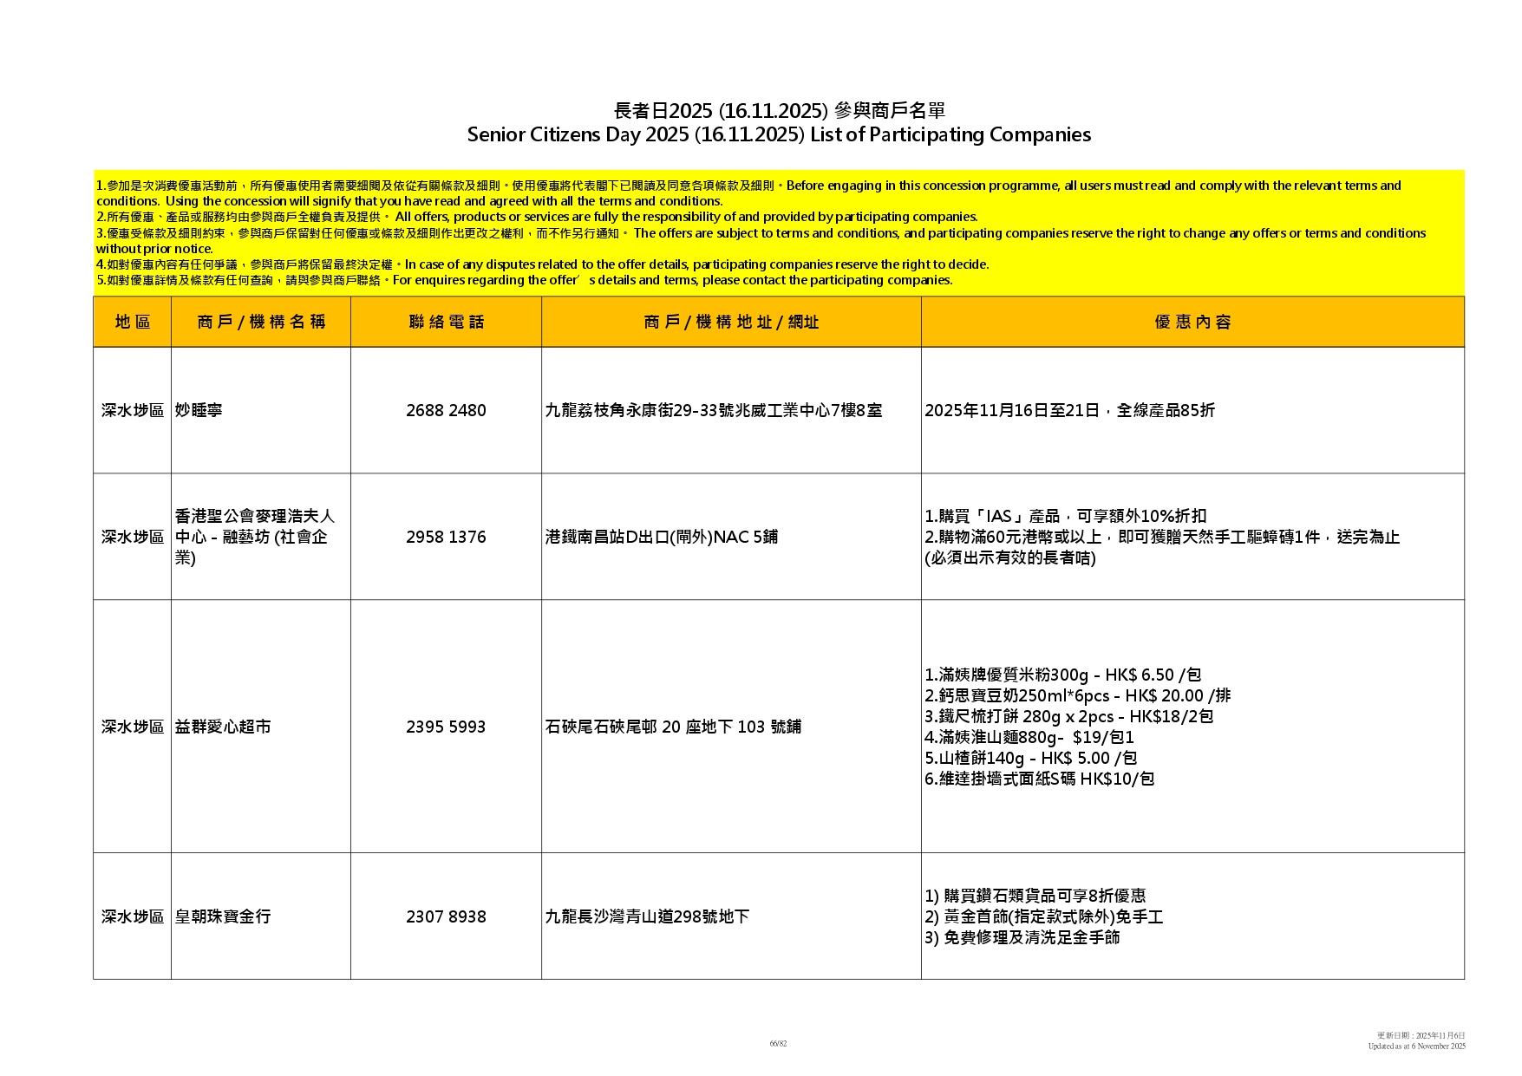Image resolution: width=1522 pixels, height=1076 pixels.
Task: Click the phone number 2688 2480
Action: click(x=446, y=411)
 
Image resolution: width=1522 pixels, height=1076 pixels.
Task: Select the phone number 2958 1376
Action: click(x=446, y=538)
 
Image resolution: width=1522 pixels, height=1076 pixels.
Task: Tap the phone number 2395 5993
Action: click(x=446, y=727)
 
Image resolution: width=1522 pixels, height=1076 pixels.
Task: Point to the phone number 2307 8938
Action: click(x=446, y=917)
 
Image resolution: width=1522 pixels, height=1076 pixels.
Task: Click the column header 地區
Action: click(x=133, y=323)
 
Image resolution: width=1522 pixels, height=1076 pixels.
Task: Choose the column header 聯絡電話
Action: click(x=446, y=323)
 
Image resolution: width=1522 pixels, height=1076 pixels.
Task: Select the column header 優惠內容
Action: click(x=1192, y=323)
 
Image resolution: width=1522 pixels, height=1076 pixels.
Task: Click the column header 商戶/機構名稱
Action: click(x=261, y=323)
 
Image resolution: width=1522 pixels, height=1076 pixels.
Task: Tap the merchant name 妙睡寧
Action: click(x=199, y=411)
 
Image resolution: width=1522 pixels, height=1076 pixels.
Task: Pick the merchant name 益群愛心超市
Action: click(x=223, y=727)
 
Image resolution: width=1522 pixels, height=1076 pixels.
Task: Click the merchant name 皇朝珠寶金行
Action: click(x=223, y=917)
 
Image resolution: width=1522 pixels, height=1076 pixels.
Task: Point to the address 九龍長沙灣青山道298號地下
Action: click(x=647, y=917)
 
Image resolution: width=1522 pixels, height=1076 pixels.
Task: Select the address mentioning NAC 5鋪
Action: click(x=661, y=538)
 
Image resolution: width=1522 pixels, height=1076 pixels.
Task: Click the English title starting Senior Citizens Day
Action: click(x=778, y=135)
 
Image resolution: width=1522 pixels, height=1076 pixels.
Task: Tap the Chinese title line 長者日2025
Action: click(x=778, y=111)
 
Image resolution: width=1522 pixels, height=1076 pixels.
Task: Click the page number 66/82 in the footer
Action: click(x=778, y=1044)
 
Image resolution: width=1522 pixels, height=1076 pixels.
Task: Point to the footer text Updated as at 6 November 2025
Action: click(x=1416, y=1047)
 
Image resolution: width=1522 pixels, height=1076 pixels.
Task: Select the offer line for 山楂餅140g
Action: click(x=1030, y=759)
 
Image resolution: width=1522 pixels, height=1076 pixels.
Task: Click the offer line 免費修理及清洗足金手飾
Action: click(x=1022, y=938)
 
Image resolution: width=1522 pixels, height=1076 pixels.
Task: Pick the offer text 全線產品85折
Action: click(x=1166, y=411)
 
